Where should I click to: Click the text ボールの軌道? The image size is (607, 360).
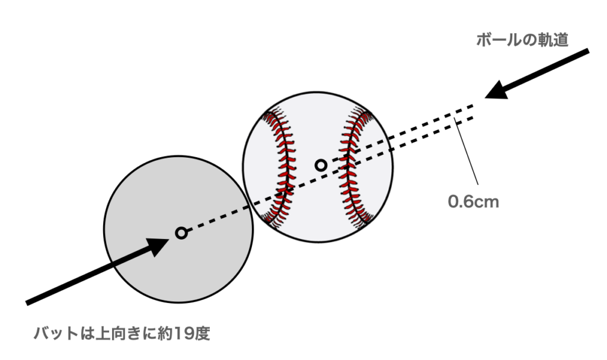(522, 40)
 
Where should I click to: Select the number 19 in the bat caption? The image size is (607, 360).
(181, 334)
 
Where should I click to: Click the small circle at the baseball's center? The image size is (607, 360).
(321, 165)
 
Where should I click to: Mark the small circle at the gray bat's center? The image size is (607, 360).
(181, 233)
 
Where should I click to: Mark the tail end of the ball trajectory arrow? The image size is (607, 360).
(587, 52)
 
